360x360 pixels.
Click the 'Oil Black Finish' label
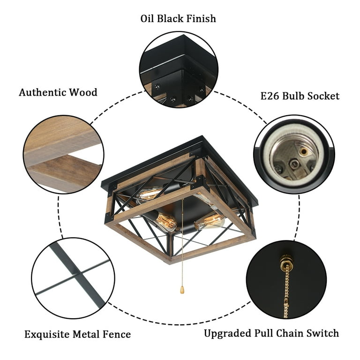[178, 19]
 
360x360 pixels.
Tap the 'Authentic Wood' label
[58, 92]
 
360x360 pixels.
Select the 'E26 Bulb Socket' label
[300, 96]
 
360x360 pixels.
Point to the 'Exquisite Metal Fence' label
[77, 334]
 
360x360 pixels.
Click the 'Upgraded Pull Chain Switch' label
[271, 333]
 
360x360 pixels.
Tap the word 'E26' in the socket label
[270, 96]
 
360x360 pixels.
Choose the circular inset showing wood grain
[63, 154]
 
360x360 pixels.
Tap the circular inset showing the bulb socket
[294, 154]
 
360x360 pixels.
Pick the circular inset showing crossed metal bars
[73, 278]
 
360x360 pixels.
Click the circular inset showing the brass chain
[286, 278]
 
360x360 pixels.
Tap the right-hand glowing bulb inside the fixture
[210, 220]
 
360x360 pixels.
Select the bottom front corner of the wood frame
[172, 259]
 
